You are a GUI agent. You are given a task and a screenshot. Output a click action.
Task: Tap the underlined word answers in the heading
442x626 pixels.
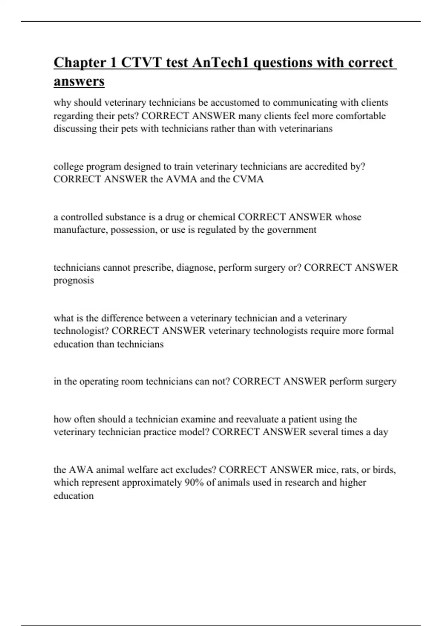coord(79,81)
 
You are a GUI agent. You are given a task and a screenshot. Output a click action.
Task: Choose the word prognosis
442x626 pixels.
coord(74,281)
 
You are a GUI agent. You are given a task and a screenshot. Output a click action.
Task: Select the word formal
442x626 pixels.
coord(380,331)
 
